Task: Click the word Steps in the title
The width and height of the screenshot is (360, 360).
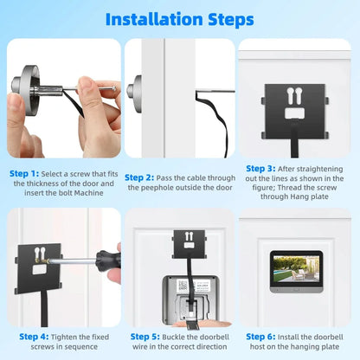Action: (228, 19)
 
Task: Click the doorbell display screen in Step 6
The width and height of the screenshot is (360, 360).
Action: (296, 270)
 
